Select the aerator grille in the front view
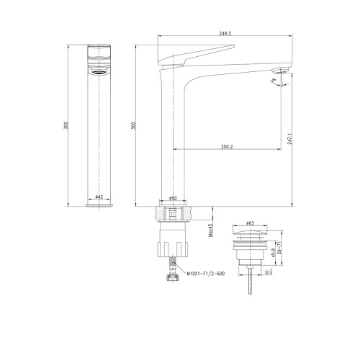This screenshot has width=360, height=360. [x=99, y=72]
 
